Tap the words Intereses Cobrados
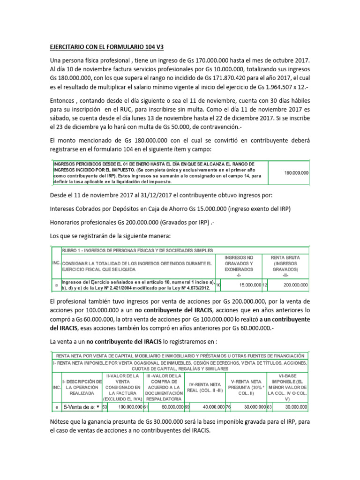[79, 208]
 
